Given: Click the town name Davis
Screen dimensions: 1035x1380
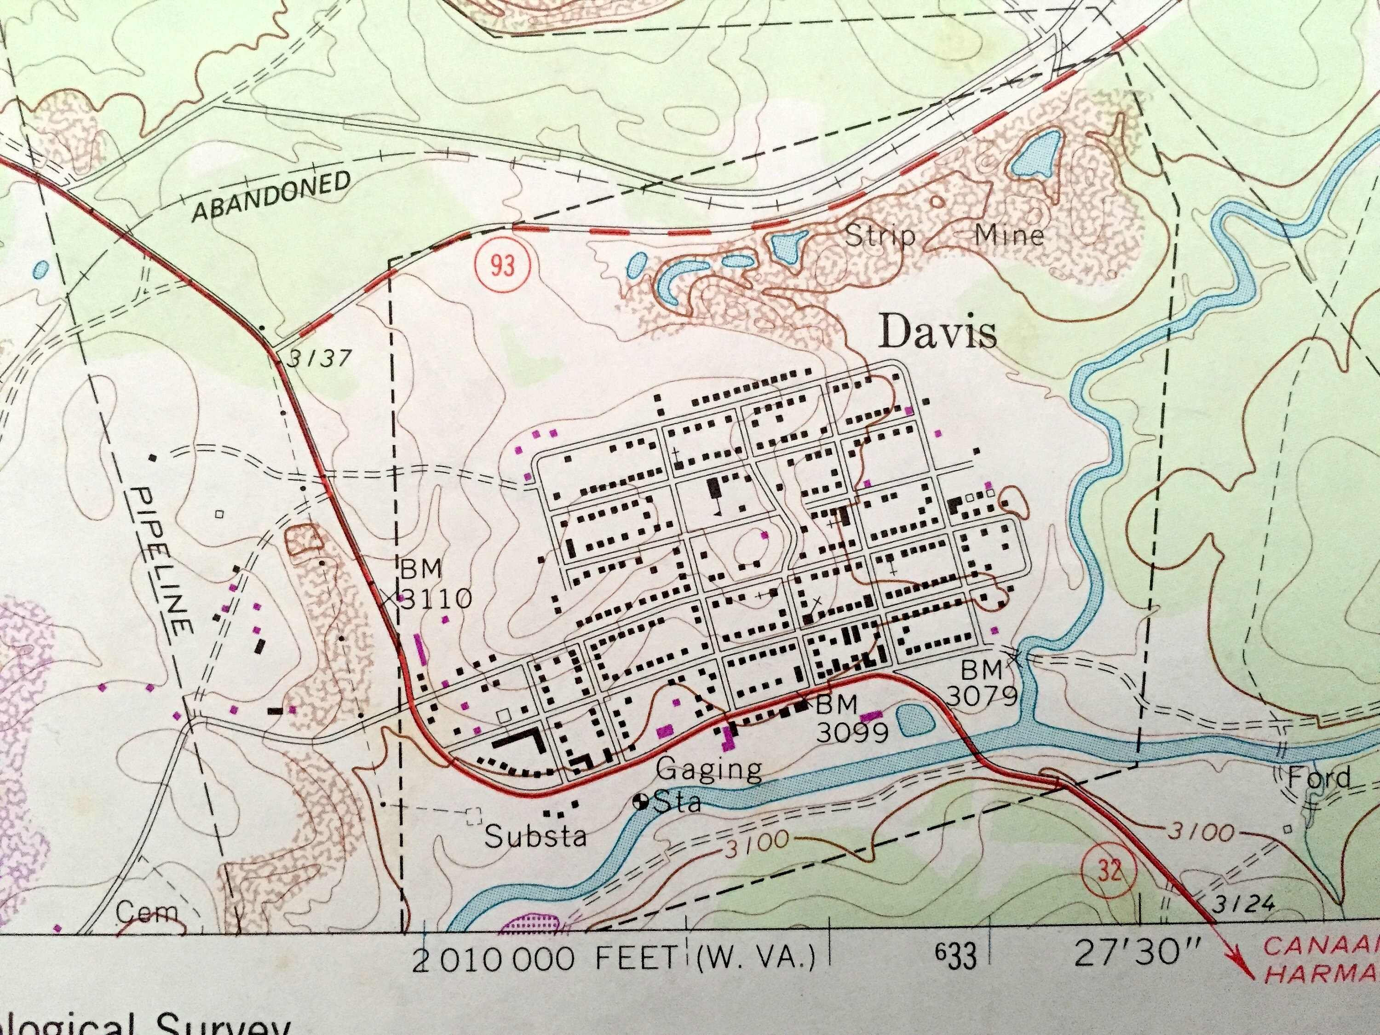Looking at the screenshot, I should click(937, 334).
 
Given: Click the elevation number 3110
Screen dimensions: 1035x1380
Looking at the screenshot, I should click(436, 599).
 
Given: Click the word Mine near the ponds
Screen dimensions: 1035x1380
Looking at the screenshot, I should click(1009, 235).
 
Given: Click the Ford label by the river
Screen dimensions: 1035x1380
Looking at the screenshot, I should click(1319, 778).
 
